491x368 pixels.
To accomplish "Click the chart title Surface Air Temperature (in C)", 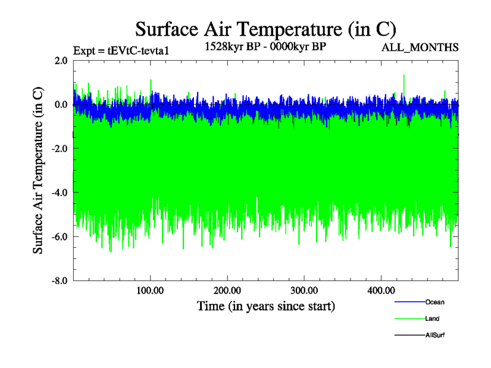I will click(265, 29).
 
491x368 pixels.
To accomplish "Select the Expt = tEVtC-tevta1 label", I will click(120, 50).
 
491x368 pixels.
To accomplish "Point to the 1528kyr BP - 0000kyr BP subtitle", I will click(266, 45).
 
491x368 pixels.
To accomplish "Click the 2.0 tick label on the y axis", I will click(61, 61).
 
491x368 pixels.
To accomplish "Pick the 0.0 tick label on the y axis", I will click(61, 105).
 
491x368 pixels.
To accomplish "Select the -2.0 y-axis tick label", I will click(59, 149).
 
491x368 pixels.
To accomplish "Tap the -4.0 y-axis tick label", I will click(59, 193).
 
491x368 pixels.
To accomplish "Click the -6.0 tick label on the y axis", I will click(59, 237).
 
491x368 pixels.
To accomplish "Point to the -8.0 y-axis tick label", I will click(59, 281).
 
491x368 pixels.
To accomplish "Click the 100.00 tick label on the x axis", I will click(150, 290).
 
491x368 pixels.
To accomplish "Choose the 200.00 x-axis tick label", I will click(227, 290).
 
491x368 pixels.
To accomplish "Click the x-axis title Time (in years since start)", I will click(266, 305).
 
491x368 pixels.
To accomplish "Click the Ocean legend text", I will click(435, 302).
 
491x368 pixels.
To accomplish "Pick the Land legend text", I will click(432, 318).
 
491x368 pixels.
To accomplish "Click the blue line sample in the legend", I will click(409, 302).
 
